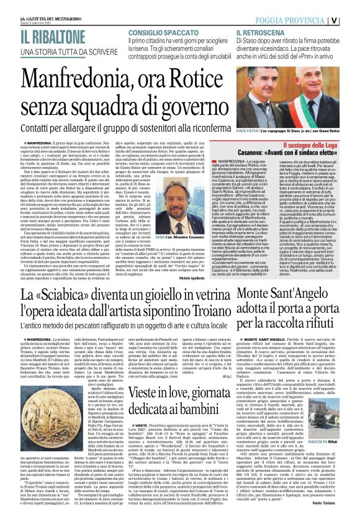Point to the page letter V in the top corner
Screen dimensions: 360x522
point(351,19)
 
